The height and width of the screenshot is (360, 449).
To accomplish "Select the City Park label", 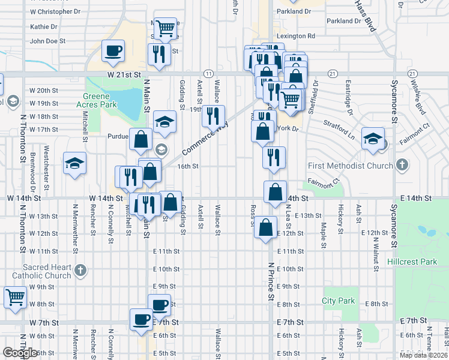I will coord(339,301).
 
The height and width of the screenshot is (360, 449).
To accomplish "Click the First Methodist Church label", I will coord(350,165).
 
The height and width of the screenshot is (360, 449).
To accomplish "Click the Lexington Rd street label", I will coord(295,36).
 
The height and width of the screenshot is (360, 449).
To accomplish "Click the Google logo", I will coord(20,353).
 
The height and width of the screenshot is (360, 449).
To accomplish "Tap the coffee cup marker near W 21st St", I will coord(113,51).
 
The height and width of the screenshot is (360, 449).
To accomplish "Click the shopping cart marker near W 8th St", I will coord(15,296).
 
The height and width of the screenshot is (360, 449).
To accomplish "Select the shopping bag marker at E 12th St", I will coord(265,228).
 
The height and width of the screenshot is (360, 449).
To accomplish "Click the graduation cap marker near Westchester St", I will coord(74,163).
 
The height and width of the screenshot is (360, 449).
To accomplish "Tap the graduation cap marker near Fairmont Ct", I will coord(373,138).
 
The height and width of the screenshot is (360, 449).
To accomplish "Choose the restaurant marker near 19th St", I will coord(212,115).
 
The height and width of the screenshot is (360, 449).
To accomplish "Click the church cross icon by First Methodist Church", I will coord(402,165).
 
